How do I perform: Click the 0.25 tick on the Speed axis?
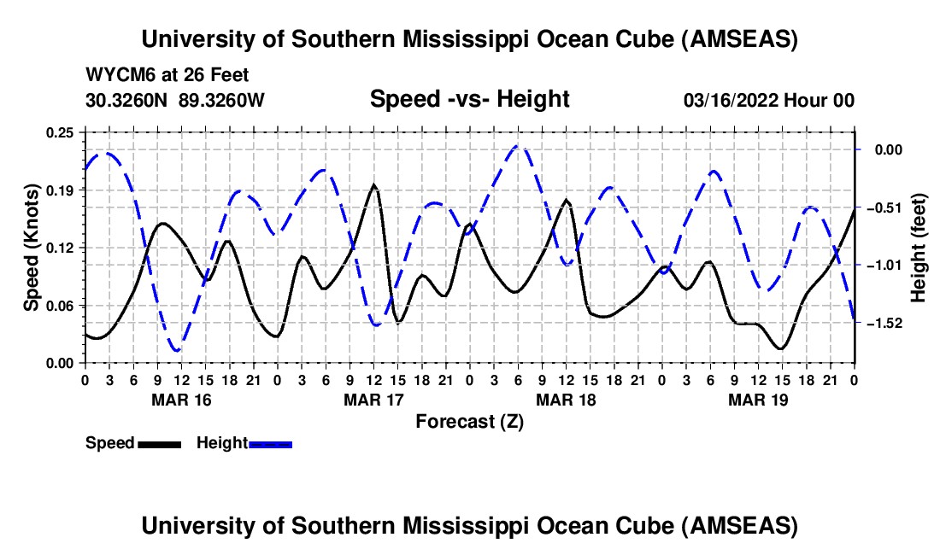click(61, 132)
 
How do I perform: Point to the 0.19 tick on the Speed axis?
click(61, 190)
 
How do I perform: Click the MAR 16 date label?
click(181, 400)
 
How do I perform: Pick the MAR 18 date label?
click(566, 400)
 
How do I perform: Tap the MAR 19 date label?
click(758, 400)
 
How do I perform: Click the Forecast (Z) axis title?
click(469, 421)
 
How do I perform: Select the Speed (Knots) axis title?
click(32, 247)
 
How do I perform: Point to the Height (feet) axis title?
click(919, 248)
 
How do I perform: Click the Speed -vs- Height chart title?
click(469, 100)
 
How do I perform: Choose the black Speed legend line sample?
click(159, 444)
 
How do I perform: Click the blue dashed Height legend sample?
click(270, 444)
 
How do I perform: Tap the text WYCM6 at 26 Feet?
click(167, 75)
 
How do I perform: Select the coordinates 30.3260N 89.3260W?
click(175, 100)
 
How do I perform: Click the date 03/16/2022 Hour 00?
click(769, 100)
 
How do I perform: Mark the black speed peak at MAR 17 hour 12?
click(373, 185)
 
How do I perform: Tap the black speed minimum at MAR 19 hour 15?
click(779, 348)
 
